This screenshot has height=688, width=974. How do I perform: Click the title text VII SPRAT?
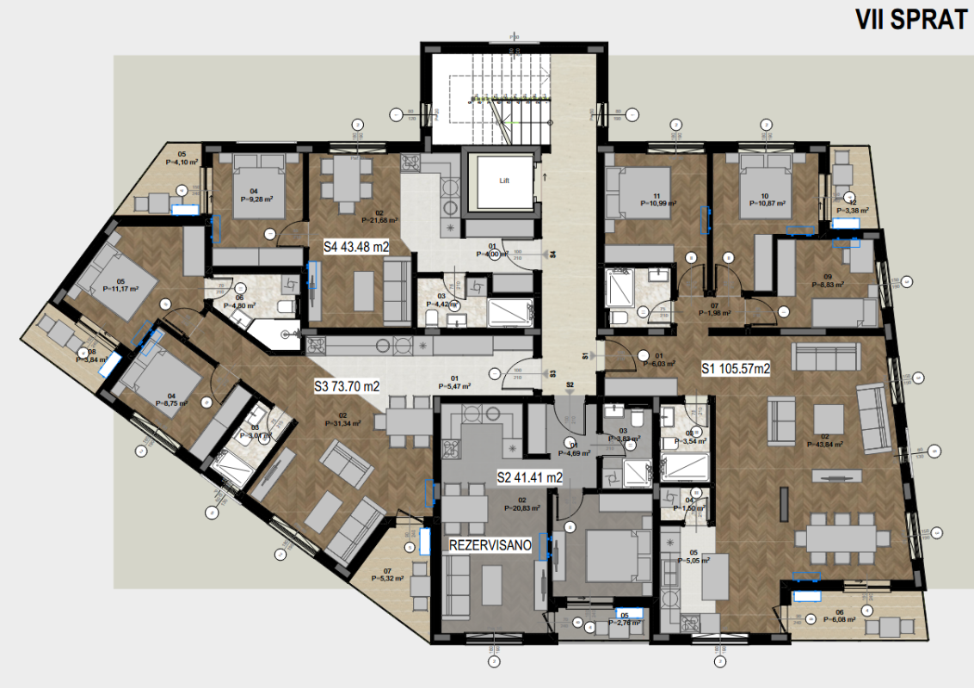pyautogui.click(x=911, y=21)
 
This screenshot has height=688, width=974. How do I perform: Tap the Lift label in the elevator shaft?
pyautogui.click(x=505, y=181)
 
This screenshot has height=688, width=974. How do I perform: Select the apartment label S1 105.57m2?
pyautogui.click(x=735, y=368)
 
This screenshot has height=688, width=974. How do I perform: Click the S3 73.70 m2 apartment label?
pyautogui.click(x=346, y=387)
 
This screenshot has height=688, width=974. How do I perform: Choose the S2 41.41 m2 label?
pyautogui.click(x=530, y=476)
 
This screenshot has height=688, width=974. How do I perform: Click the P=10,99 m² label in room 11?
pyautogui.click(x=658, y=203)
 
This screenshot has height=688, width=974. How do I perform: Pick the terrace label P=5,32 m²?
pyautogui.click(x=387, y=579)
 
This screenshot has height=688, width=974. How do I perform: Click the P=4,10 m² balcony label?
pyautogui.click(x=182, y=161)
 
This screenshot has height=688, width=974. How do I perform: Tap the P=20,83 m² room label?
pyautogui.click(x=521, y=507)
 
